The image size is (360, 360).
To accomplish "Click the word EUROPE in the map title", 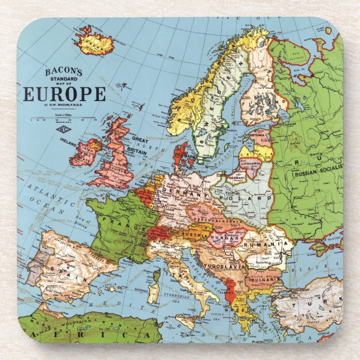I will click(64, 93).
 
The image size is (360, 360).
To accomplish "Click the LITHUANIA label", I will click(252, 163).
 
